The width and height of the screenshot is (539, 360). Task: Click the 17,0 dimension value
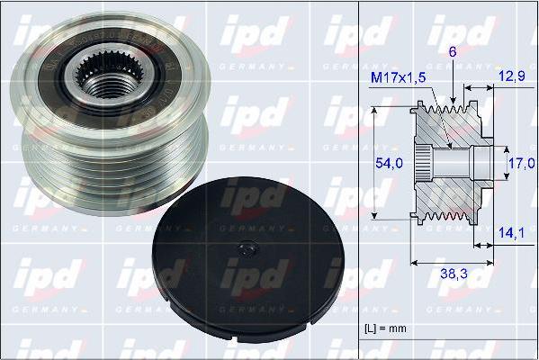pyautogui.click(x=520, y=165)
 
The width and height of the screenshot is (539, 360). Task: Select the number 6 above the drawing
pyautogui.click(x=453, y=53)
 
